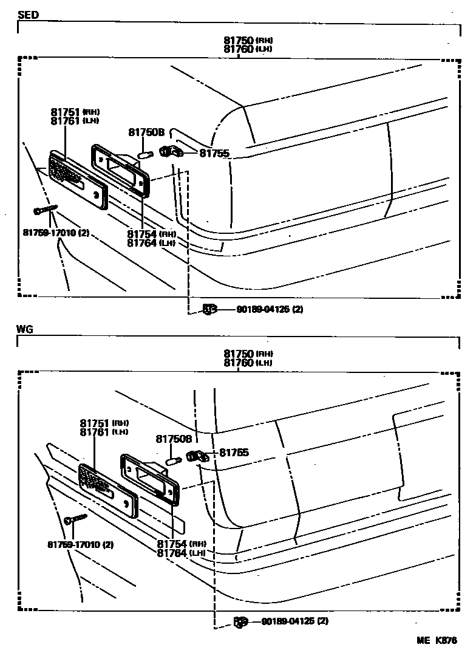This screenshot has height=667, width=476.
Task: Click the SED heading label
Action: tap(28, 14)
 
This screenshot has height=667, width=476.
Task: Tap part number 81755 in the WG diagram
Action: tap(234, 453)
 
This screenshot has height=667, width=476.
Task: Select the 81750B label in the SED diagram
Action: tap(146, 132)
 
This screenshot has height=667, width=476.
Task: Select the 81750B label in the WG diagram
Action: tap(174, 439)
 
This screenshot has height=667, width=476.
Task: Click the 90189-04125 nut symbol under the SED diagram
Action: tap(209, 309)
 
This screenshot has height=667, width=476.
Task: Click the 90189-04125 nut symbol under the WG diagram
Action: tap(240, 621)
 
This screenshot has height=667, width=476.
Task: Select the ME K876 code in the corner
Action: tap(437, 640)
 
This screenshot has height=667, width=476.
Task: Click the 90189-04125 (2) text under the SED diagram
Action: tap(270, 309)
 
